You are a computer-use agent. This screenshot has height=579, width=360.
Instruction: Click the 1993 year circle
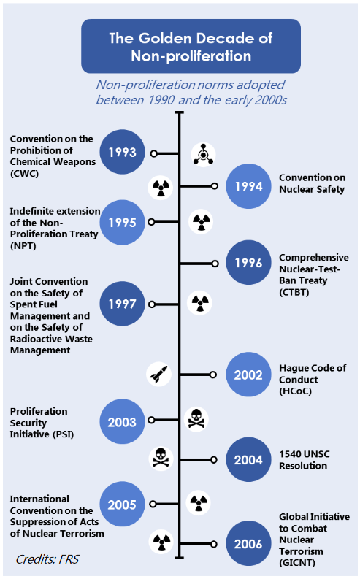click(122, 152)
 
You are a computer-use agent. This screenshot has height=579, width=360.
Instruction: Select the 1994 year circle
click(248, 186)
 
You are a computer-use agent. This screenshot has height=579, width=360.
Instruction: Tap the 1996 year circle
click(248, 263)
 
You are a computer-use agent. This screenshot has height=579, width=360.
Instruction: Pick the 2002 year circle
click(248, 375)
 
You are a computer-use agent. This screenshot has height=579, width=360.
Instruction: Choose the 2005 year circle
click(122, 504)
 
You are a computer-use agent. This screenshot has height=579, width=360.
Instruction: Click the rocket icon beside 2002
click(158, 374)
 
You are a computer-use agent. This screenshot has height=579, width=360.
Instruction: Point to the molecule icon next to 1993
click(203, 155)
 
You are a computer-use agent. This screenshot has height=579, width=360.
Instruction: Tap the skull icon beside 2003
click(196, 420)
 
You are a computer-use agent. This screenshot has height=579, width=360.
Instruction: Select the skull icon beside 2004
click(161, 459)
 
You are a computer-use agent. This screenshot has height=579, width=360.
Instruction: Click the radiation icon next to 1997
click(200, 303)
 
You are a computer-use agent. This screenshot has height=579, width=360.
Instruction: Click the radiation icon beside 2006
click(161, 542)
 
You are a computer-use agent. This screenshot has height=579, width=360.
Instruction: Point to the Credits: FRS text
click(47, 559)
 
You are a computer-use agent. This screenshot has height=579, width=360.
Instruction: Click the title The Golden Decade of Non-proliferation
click(191, 47)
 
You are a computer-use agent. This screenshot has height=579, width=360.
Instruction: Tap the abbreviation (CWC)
click(24, 174)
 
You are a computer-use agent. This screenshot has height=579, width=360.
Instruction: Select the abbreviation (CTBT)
click(294, 292)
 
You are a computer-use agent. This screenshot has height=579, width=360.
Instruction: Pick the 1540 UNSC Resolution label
click(305, 460)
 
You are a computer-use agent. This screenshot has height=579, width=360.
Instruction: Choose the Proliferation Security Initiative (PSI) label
click(42, 423)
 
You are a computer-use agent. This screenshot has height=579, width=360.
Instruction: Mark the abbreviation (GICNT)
click(297, 563)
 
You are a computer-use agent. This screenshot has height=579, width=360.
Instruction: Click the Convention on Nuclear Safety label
click(312, 183)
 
